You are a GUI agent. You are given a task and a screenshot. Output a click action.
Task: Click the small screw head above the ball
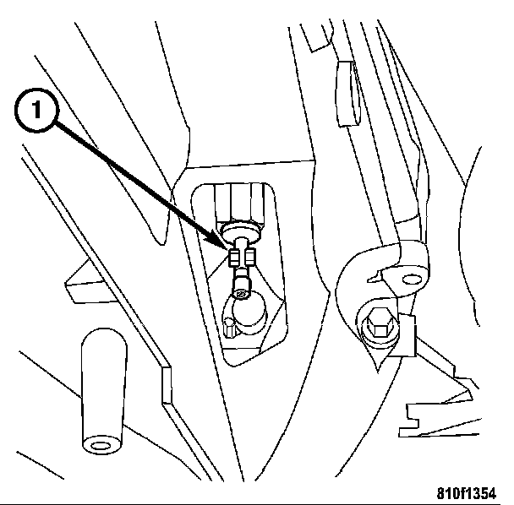click(x=241, y=292)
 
